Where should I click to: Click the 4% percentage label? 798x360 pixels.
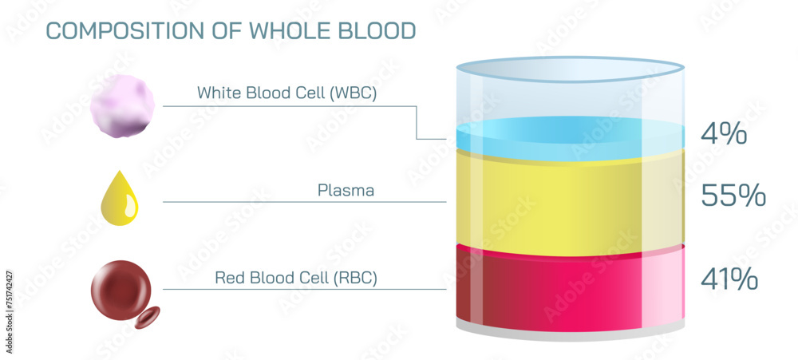723,134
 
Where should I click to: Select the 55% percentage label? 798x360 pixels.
733,196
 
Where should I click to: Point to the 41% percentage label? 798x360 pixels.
728,279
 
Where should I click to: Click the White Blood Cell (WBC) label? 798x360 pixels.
286,93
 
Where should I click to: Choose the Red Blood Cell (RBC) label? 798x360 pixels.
295,278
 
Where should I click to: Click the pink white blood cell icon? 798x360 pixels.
121,105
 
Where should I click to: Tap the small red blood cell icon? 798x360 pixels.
148,317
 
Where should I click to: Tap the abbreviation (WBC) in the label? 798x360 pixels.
350,93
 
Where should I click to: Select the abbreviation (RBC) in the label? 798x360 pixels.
352,278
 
